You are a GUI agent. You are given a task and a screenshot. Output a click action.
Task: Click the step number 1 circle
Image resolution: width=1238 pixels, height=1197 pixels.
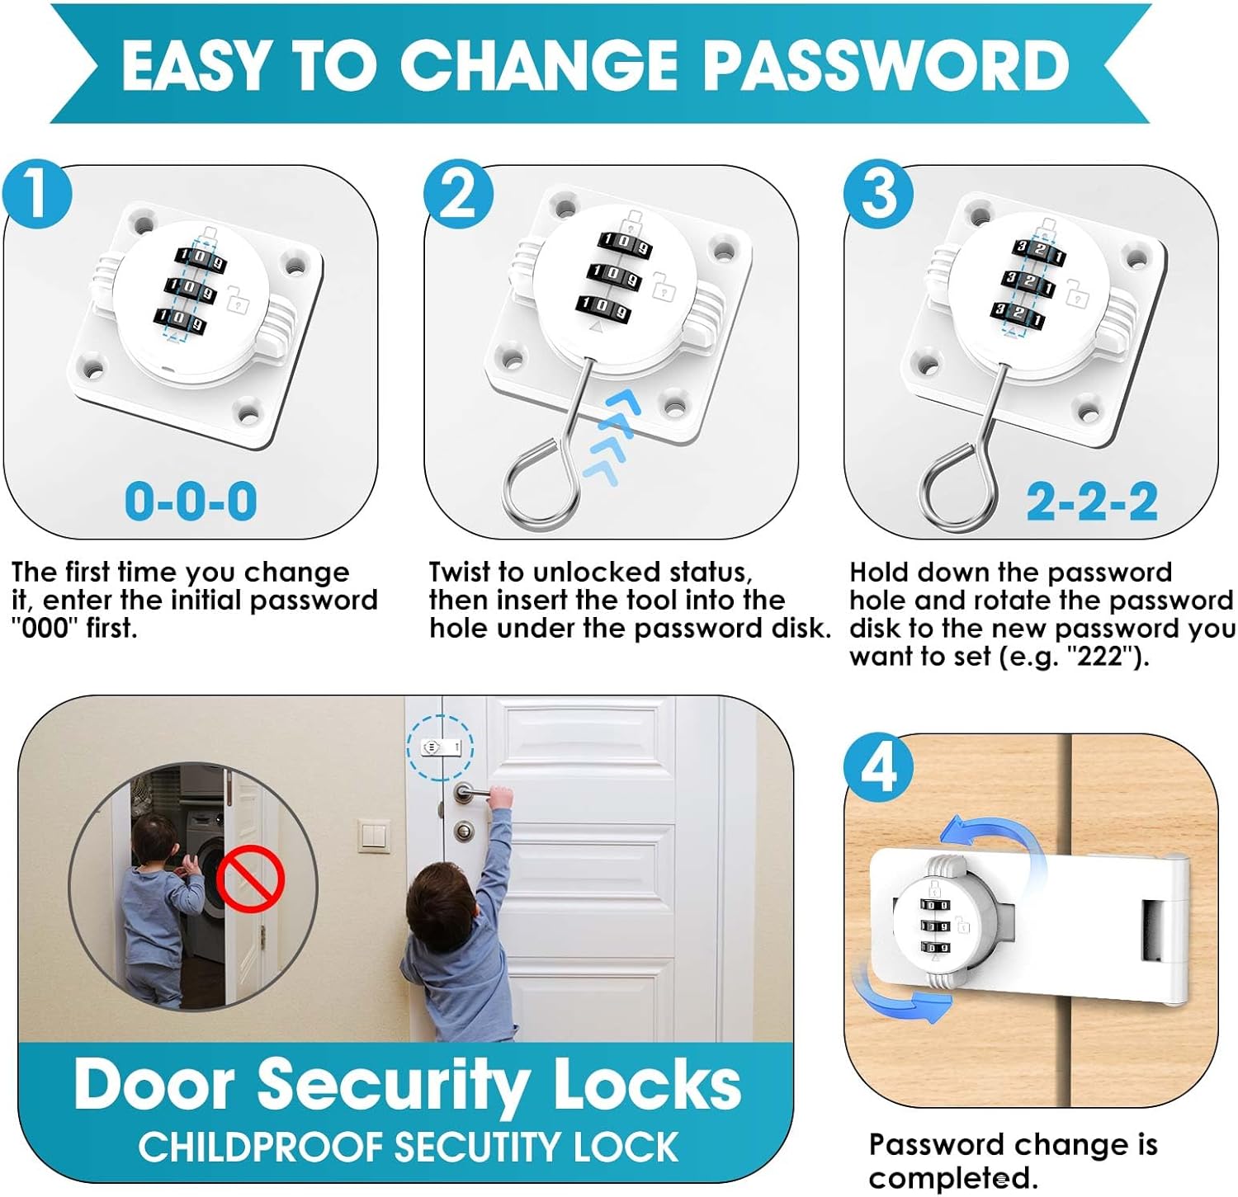tap(37, 194)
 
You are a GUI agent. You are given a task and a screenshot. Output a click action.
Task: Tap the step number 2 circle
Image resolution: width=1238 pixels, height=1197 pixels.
tap(459, 194)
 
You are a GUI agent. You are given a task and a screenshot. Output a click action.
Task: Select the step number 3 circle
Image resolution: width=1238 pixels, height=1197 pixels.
tap(879, 194)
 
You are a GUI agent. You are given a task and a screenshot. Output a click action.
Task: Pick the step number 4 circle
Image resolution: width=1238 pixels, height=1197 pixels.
tap(879, 767)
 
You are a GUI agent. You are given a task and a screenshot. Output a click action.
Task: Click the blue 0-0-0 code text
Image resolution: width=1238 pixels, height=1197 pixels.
tap(191, 501)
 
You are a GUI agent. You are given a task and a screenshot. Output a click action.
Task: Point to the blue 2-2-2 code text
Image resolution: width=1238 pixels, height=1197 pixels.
tap(1092, 501)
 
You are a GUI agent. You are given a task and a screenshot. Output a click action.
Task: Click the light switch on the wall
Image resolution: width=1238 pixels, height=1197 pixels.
tap(374, 836)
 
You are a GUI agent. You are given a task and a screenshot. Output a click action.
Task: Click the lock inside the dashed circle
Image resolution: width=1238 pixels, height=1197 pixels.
tap(441, 747)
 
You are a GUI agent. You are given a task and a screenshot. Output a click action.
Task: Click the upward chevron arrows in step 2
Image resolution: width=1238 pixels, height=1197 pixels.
tap(613, 436)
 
